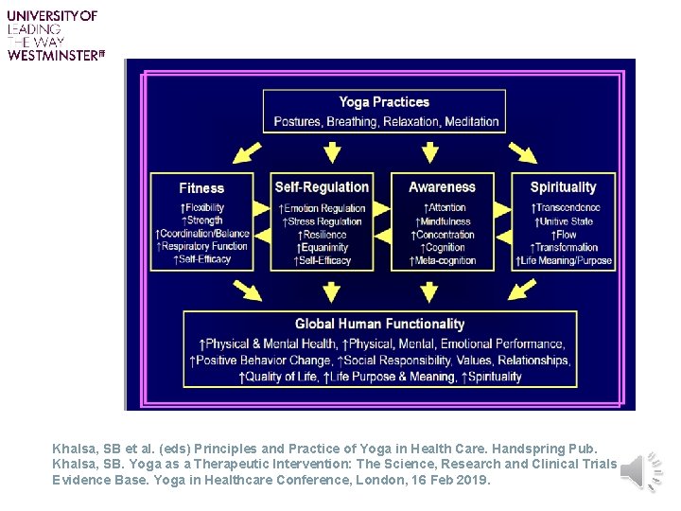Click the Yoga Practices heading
384,102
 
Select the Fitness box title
201,188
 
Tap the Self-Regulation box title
322,187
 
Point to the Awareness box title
442,187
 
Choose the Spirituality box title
564,187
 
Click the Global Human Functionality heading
379,324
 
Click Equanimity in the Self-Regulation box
323,248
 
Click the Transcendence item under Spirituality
565,207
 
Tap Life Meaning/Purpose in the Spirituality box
565,260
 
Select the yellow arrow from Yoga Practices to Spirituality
521,152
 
